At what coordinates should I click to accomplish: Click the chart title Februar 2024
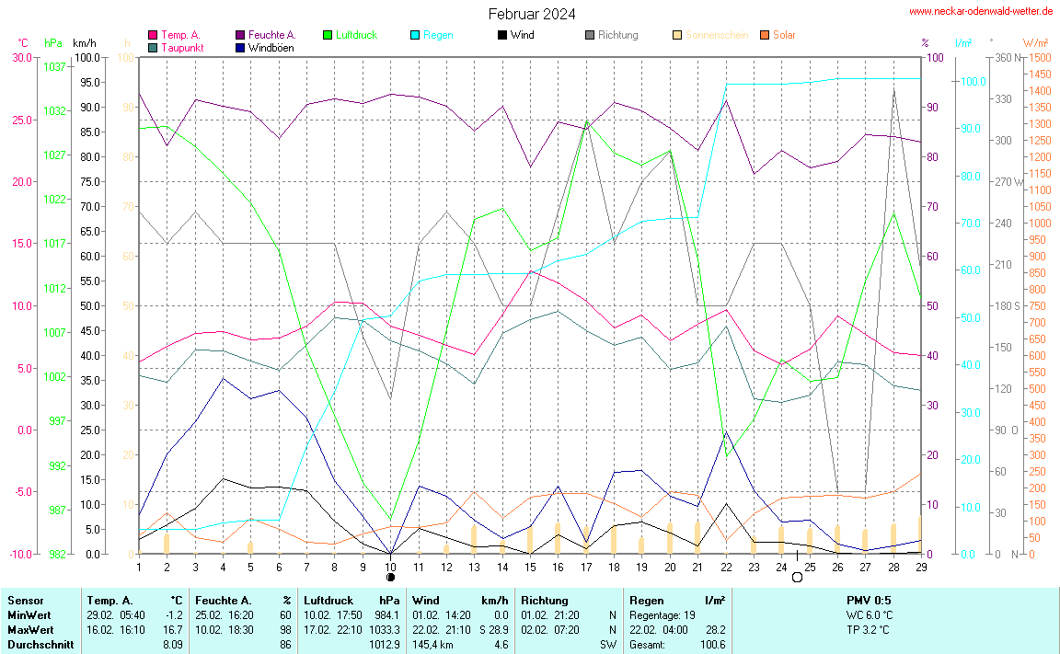click(x=532, y=14)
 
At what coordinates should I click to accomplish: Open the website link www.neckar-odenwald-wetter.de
click(x=981, y=11)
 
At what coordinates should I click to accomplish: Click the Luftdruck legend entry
click(x=356, y=35)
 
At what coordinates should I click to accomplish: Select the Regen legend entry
click(x=438, y=35)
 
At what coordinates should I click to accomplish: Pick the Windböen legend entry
click(x=271, y=47)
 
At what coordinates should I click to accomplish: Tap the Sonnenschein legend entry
click(x=717, y=35)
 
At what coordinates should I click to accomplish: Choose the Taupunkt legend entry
click(x=181, y=47)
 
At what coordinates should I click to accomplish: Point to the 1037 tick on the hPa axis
click(x=54, y=67)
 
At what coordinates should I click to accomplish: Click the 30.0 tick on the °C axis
click(x=21, y=57)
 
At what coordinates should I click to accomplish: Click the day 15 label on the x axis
click(x=530, y=566)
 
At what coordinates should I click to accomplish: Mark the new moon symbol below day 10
click(x=390, y=578)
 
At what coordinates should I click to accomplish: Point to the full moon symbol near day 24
click(x=797, y=578)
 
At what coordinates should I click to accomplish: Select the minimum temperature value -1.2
click(x=174, y=614)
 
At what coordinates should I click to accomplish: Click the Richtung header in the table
click(x=544, y=600)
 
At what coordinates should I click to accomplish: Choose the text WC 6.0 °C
click(x=870, y=614)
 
